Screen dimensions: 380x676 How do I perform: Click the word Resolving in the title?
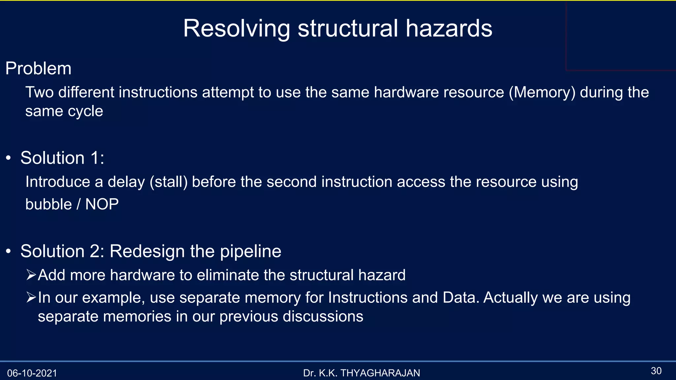[236, 29]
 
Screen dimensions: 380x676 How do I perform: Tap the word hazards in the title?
[449, 28]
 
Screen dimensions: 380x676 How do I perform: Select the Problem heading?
[38, 69]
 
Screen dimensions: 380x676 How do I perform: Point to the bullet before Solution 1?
[9, 158]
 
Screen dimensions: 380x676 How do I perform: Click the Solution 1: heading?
[62, 158]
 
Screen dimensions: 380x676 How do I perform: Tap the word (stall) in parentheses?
[169, 182]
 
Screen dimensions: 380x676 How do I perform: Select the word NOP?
[102, 205]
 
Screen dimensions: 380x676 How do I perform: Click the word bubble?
[49, 205]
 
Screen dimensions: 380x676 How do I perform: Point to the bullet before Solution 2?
[9, 252]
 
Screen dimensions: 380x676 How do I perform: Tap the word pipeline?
[251, 251]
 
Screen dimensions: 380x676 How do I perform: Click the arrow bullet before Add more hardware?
[31, 274]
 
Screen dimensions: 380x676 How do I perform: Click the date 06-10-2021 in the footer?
[32, 373]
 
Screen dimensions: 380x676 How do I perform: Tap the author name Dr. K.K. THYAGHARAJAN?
[361, 373]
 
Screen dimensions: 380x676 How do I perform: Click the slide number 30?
[656, 371]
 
